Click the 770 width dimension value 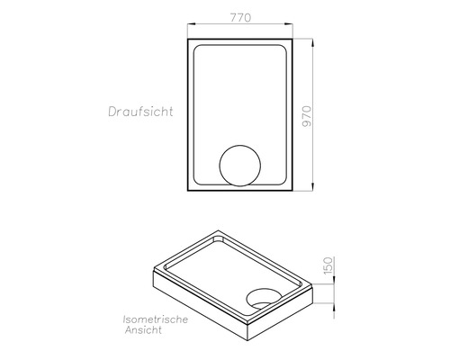(x=239, y=18)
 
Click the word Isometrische (x=156, y=319)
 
